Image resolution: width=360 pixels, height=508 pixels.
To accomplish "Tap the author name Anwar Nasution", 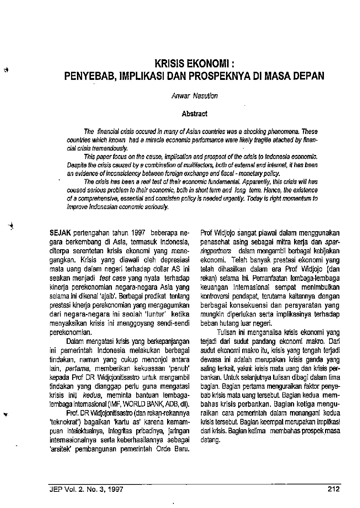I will click(194, 96).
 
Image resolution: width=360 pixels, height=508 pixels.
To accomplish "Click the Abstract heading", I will click(194, 114).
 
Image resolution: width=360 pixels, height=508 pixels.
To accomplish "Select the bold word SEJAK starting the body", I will click(60, 233).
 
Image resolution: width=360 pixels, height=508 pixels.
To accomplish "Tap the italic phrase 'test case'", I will click(112, 278).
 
